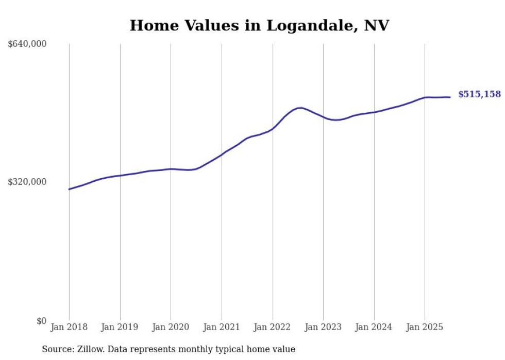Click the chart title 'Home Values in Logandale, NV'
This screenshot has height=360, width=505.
[259, 25]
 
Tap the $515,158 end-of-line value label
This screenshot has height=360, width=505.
[479, 94]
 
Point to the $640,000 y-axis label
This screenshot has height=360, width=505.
[27, 44]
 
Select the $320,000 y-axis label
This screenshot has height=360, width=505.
[27, 182]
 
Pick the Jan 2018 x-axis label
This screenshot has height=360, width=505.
[69, 327]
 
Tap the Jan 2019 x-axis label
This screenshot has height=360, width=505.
[120, 327]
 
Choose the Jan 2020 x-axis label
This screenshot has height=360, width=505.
[171, 327]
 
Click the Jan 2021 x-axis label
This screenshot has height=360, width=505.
[222, 327]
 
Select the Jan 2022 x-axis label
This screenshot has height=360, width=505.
[273, 327]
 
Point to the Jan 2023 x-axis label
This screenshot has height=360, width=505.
[323, 327]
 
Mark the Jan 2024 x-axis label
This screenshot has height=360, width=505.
[374, 327]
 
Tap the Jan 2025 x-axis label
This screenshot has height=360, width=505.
[425, 327]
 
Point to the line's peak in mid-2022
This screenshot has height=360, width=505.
[301, 108]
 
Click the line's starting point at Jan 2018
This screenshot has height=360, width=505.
[69, 189]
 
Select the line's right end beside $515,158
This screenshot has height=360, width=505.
[450, 97]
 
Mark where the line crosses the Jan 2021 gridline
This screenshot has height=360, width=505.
[222, 154]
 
